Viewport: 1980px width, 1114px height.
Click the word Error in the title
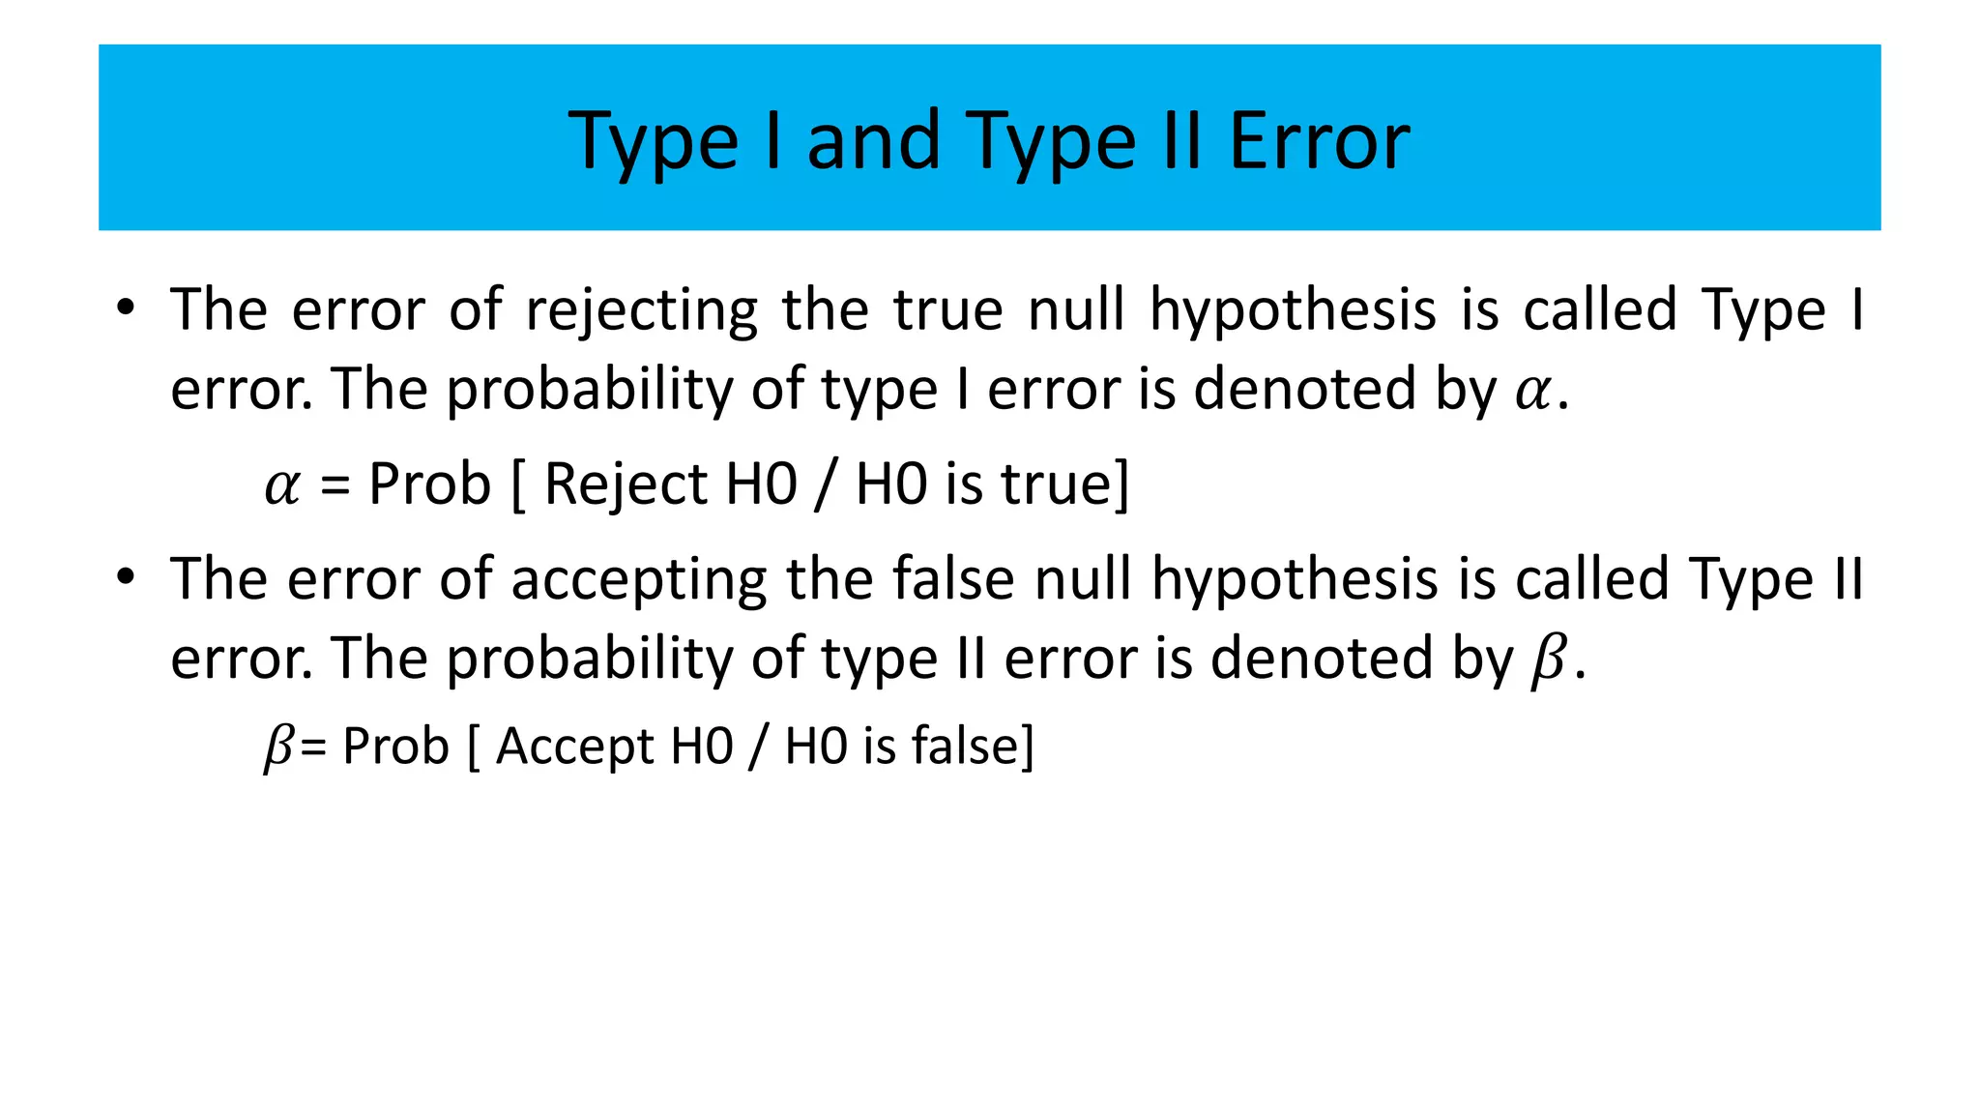[1319, 141]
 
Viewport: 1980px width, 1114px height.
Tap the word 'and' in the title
[873, 141]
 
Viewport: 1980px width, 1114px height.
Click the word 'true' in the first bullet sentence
[947, 311]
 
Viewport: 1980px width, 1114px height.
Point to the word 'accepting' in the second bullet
[638, 580]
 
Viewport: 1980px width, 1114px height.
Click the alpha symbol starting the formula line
[282, 485]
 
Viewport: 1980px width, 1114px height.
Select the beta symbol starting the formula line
[278, 748]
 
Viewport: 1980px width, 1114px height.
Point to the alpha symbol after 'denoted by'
[1531, 391]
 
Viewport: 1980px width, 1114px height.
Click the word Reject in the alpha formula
[626, 484]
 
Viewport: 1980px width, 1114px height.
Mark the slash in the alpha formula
[826, 484]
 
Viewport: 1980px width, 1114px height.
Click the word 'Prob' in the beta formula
[396, 747]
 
